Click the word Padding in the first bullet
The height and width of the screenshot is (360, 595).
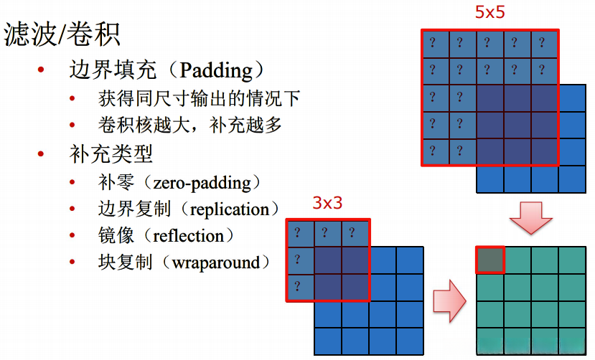(x=216, y=70)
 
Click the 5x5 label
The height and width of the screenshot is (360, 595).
(x=490, y=12)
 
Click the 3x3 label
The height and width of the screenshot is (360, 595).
(x=327, y=204)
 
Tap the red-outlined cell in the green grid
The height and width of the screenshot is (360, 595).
(x=490, y=260)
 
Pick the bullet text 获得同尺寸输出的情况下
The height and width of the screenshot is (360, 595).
(x=199, y=98)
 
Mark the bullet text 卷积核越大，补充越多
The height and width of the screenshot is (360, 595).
(x=190, y=125)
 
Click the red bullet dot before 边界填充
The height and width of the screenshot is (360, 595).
(x=41, y=71)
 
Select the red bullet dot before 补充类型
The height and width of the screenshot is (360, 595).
(x=41, y=154)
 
